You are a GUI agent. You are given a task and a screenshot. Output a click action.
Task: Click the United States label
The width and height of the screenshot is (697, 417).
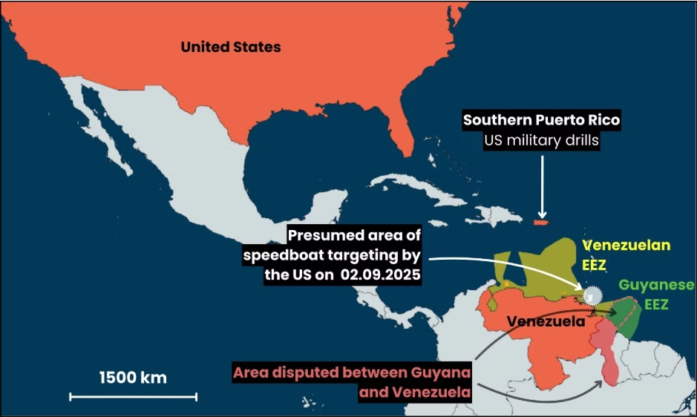coord(231,47)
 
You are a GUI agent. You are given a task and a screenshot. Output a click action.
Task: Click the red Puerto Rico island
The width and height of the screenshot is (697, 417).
coord(540,221)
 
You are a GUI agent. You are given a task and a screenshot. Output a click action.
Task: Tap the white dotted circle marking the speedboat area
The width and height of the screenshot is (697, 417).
coord(592,295)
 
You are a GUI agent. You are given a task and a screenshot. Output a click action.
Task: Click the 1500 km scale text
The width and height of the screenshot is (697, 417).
coord(134,377)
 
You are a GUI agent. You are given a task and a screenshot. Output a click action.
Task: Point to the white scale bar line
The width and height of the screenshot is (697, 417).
coord(134,397)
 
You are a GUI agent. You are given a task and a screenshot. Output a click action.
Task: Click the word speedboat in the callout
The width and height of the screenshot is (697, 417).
coord(285,256)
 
